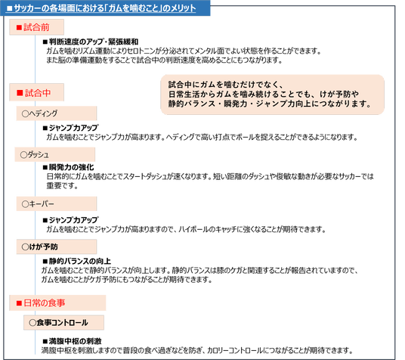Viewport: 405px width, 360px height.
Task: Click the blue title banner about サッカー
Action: (105, 8)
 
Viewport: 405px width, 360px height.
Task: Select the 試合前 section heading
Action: (36, 27)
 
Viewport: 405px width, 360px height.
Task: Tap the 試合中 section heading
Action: (36, 92)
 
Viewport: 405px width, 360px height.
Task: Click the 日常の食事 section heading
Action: (57, 303)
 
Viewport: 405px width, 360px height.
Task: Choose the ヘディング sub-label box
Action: (57, 113)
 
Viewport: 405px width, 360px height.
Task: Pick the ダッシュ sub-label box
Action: (54, 154)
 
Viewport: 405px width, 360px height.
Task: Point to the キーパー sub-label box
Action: (57, 203)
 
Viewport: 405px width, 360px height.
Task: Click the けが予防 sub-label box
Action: (57, 247)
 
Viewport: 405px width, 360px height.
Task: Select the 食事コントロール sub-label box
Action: (63, 322)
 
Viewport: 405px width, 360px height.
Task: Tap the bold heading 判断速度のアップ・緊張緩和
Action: (91, 42)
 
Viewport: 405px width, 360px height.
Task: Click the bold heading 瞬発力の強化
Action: (69, 167)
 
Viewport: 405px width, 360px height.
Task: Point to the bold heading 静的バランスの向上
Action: (77, 261)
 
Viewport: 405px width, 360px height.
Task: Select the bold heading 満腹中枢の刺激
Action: (72, 341)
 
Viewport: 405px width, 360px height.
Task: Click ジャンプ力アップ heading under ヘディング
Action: (70, 128)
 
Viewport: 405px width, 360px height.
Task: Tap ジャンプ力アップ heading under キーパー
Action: (70, 220)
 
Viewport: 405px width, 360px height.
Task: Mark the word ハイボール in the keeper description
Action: (190, 229)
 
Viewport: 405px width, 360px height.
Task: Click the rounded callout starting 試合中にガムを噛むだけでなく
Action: (272, 95)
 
